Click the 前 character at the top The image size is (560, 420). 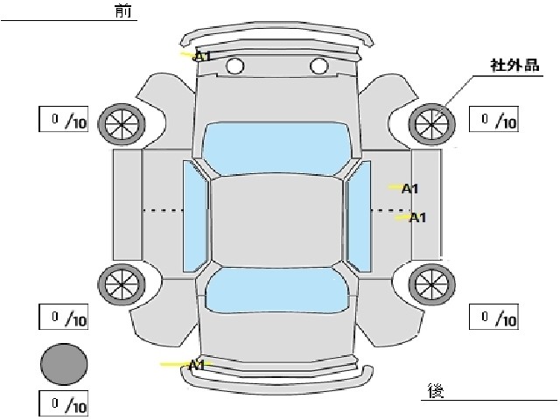point(123,11)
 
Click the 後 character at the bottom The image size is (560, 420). point(436,390)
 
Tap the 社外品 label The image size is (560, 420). point(514,66)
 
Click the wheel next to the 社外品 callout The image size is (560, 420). point(432,124)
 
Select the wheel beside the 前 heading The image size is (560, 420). point(122,124)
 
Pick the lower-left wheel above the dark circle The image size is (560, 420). point(122,283)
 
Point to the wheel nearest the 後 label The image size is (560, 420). point(432,283)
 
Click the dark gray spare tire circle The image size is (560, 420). point(64,364)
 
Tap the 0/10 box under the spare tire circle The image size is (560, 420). point(64,403)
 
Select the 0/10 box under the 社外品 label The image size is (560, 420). point(493,119)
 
